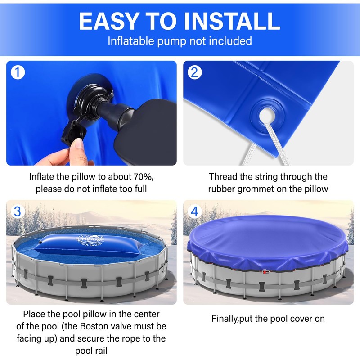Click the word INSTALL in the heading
tap(232, 21)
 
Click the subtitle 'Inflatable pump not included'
tap(180, 41)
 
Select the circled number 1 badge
tap(18, 72)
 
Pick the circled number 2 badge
tap(195, 72)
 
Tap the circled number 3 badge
tap(18, 211)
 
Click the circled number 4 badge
tap(194, 211)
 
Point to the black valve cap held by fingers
tap(73, 131)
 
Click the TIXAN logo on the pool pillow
tap(90, 240)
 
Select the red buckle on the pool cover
tap(265, 271)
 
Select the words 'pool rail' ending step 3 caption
tap(91, 351)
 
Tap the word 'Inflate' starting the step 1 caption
tap(41, 177)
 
